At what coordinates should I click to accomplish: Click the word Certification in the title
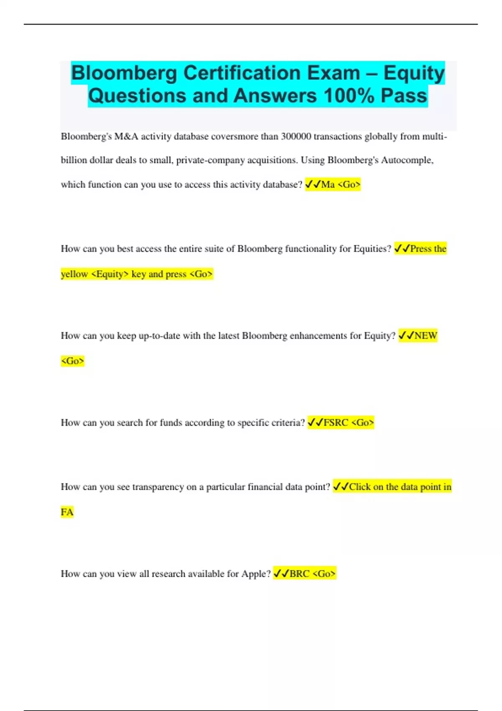[271, 73]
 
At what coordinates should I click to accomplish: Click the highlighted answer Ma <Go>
[341, 184]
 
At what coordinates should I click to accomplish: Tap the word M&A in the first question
[126, 137]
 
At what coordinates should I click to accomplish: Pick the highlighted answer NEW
[426, 336]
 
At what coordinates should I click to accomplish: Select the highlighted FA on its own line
[67, 512]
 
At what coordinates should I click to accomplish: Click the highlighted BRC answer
[300, 574]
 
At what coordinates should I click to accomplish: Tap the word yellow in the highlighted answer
[74, 274]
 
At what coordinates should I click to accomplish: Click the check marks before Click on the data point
[341, 487]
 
